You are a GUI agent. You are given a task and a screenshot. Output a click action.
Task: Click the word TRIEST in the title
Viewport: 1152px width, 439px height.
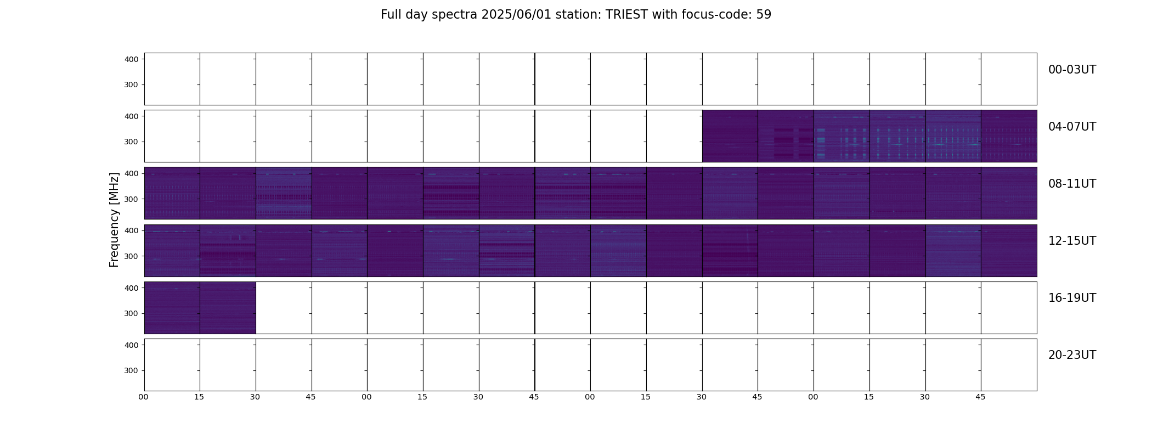(x=626, y=15)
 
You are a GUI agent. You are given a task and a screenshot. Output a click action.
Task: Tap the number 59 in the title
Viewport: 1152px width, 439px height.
(x=764, y=15)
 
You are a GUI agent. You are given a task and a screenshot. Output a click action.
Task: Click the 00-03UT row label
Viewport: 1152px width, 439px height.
(x=1072, y=70)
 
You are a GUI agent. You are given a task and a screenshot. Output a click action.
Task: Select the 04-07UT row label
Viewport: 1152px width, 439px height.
(x=1072, y=127)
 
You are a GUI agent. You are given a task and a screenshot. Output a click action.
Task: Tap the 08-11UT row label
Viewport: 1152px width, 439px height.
(x=1072, y=184)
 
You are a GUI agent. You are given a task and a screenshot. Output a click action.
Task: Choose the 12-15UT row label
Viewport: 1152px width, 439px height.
(x=1072, y=241)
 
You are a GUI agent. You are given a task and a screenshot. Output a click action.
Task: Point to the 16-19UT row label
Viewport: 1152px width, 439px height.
(x=1072, y=298)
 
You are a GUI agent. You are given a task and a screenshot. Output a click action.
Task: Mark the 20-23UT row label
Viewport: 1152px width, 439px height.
(x=1072, y=355)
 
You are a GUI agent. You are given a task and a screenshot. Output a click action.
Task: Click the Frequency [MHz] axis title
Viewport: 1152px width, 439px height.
(x=114, y=219)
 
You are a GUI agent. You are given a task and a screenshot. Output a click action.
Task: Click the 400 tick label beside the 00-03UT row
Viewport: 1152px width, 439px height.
(x=132, y=59)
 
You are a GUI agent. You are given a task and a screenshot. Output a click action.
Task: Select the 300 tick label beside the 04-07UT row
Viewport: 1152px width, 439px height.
(x=132, y=142)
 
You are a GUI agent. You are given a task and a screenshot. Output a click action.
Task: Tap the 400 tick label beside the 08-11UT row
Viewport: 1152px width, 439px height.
(x=132, y=173)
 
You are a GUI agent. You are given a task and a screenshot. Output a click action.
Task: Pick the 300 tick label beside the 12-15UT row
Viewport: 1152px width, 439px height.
(x=132, y=256)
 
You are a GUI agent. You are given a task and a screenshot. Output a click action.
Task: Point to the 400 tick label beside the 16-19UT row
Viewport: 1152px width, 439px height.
(x=132, y=288)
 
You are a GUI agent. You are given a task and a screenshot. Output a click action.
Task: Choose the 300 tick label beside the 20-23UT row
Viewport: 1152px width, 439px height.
(x=132, y=371)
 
